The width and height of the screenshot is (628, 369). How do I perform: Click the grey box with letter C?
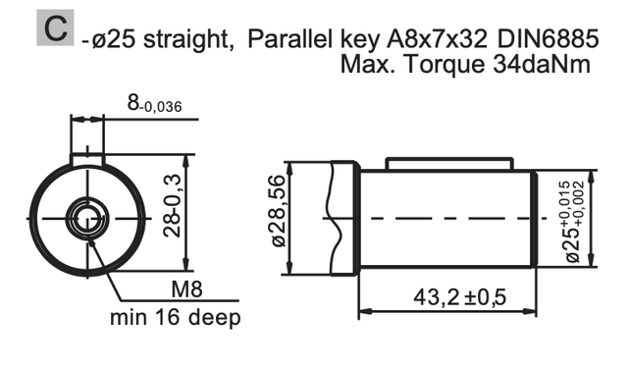[55, 27]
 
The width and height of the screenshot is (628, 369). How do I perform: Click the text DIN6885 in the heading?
[548, 39]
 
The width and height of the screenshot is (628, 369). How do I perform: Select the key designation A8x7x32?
[437, 39]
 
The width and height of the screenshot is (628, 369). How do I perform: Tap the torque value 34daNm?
[542, 64]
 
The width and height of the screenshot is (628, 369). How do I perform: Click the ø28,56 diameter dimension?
[279, 211]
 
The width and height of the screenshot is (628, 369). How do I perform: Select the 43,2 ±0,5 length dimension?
[460, 297]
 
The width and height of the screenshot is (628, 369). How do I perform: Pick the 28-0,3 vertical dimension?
[173, 206]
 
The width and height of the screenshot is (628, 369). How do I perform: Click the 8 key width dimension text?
[155, 103]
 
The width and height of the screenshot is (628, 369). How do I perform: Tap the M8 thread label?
[187, 289]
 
